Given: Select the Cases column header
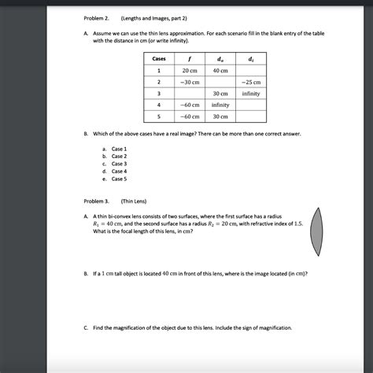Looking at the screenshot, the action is pos(159,59).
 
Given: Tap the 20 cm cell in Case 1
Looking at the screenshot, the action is pos(190,71).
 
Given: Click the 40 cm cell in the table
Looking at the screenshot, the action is pos(220,71).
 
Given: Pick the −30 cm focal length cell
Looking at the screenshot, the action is pos(190,82).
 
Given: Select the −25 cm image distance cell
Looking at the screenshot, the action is pos(251,82).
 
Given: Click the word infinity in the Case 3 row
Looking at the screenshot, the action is pos(251,93).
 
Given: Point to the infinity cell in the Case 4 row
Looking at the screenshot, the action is pos(220,105).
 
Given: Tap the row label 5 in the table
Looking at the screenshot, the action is pos(159,116).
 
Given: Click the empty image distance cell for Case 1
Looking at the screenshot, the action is pos(251,71).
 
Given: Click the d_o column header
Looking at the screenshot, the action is pos(220,59).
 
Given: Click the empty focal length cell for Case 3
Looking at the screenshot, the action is pos(190,93).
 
